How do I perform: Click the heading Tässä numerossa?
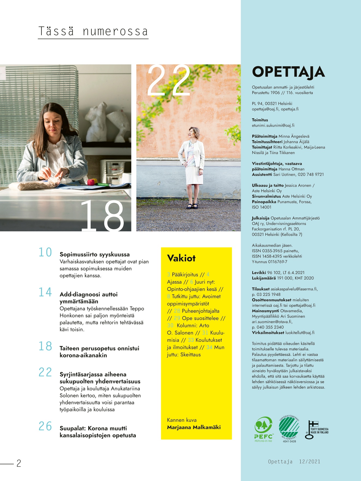93,31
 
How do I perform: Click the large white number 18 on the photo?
102,216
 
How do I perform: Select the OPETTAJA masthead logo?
288,72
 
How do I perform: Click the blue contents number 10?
45,252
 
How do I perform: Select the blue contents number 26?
45,426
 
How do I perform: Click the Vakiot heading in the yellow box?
181,258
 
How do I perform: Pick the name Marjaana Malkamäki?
194,427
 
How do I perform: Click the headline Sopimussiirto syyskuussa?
94,255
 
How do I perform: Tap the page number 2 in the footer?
19,463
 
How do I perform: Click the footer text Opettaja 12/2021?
294,462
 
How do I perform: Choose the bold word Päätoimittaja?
265,136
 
